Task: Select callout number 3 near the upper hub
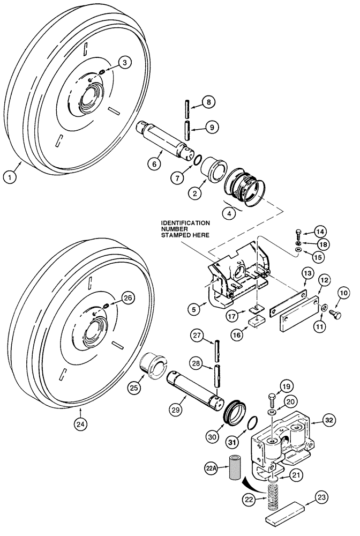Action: [124, 63]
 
